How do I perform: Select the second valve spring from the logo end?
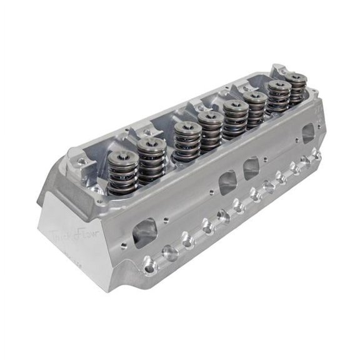pyautogui.click(x=151, y=160)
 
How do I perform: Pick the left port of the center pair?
pyautogui.click(x=228, y=182)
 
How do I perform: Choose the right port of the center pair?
pyautogui.click(x=252, y=167)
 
